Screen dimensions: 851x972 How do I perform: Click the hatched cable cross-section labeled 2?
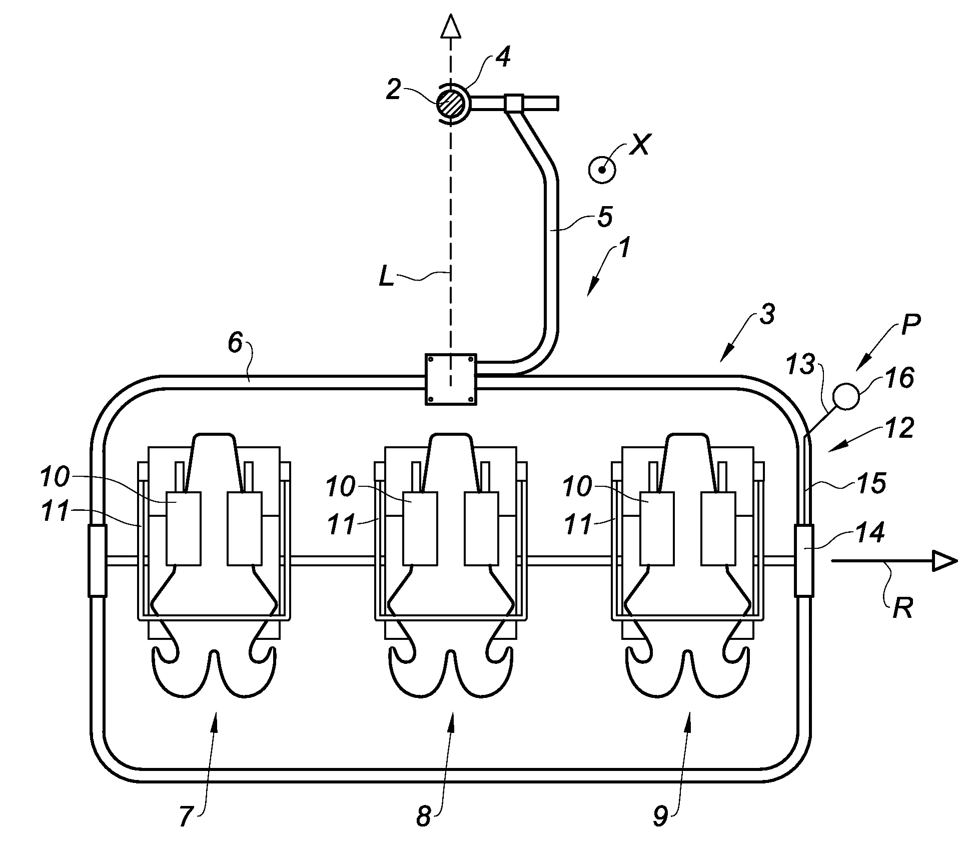click(x=450, y=103)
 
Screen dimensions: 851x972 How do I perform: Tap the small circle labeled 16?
click(x=846, y=396)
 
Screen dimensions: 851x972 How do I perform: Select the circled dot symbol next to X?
click(x=602, y=170)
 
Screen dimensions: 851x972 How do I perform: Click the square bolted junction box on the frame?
click(x=450, y=379)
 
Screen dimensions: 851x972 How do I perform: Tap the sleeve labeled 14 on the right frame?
click(x=804, y=560)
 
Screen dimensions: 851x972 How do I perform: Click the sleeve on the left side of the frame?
click(x=98, y=560)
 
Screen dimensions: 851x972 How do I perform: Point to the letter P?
click(x=910, y=325)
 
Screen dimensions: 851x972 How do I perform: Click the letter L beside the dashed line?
click(x=386, y=277)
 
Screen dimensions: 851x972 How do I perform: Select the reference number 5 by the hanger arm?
click(x=605, y=217)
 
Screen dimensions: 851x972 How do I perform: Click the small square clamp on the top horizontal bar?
click(x=513, y=103)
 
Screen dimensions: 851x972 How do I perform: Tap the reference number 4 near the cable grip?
click(x=502, y=57)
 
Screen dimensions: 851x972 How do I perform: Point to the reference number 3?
click(x=766, y=315)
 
